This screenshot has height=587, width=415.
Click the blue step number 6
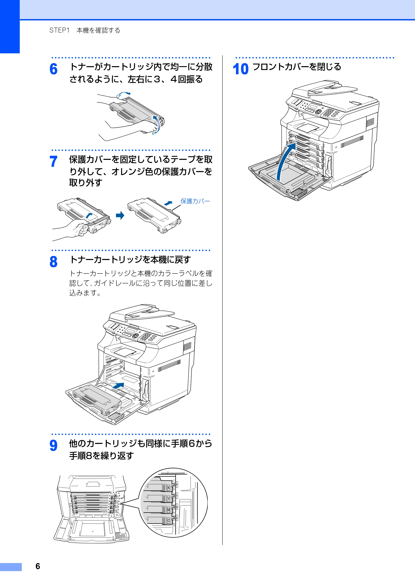[54, 69]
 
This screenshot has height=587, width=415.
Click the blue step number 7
[54, 162]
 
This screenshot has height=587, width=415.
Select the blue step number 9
[54, 445]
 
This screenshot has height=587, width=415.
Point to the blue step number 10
[240, 69]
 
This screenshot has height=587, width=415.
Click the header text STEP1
[59, 30]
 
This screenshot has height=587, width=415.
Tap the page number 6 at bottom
[38, 566]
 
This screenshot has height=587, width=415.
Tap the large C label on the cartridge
[169, 520]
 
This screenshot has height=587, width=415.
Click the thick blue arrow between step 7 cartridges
[120, 215]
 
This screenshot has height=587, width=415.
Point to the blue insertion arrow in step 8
[118, 386]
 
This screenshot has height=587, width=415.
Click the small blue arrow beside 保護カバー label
[168, 203]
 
